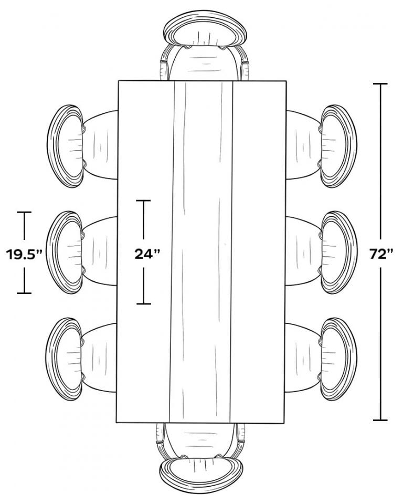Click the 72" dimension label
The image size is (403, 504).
pos(381,254)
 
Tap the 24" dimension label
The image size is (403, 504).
pos(147,254)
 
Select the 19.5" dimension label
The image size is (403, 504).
pos(24,254)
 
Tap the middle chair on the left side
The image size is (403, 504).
pos(81,253)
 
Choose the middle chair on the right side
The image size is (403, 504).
pos(321,253)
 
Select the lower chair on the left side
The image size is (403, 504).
pos(81,359)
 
